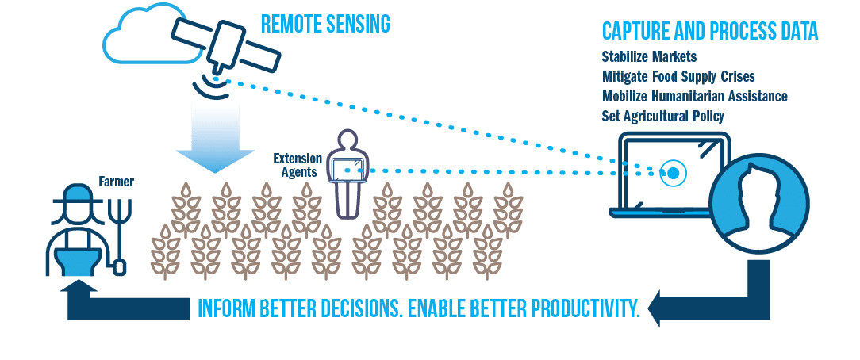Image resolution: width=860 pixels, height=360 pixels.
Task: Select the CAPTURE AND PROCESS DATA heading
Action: click(x=710, y=32)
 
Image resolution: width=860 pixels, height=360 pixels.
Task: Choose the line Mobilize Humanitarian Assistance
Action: click(x=695, y=96)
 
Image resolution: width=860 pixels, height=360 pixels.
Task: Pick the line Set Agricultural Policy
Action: click(x=663, y=116)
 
